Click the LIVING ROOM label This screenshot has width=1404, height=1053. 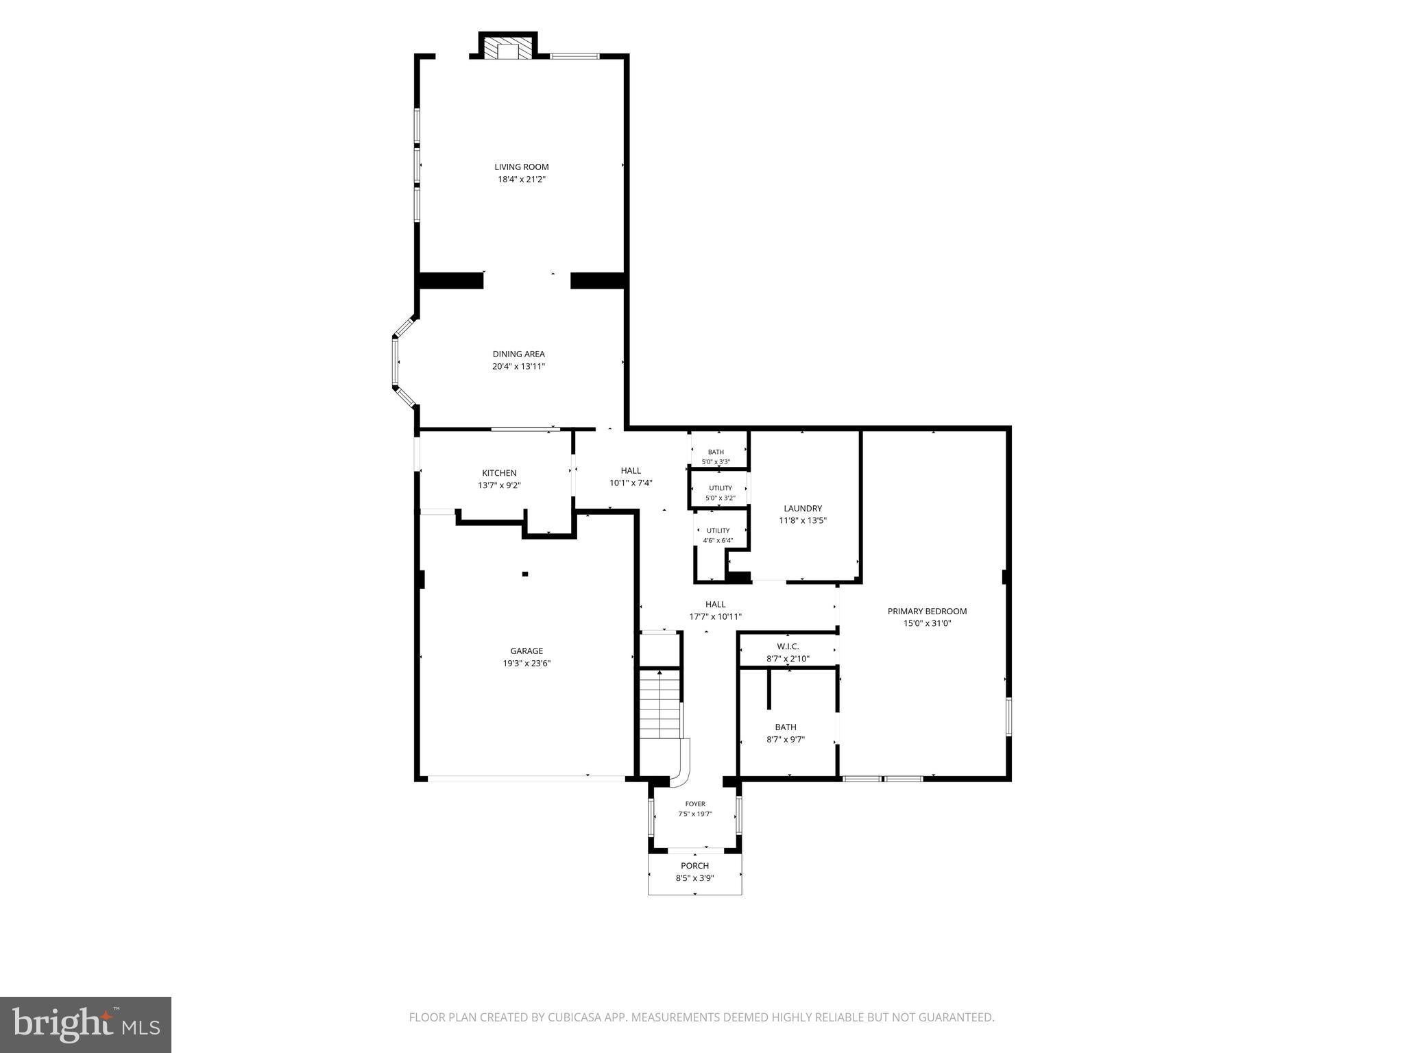click(x=522, y=167)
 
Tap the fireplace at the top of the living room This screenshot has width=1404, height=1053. click(x=508, y=47)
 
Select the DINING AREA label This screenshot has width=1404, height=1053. click(x=519, y=354)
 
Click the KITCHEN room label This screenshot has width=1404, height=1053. click(x=499, y=473)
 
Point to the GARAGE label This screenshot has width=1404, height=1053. click(x=526, y=651)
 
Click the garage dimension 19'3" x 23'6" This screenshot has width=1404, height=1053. click(x=526, y=664)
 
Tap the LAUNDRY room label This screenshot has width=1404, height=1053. click(x=803, y=509)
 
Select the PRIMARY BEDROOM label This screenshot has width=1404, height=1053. click(x=928, y=612)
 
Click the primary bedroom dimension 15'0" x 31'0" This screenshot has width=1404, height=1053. click(x=928, y=624)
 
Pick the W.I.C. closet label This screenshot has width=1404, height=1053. click(x=788, y=646)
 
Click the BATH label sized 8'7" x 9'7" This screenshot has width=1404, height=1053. click(x=786, y=727)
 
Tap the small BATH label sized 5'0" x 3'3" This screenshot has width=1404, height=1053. click(x=716, y=452)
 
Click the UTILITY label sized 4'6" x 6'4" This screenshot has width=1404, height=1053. click(x=718, y=531)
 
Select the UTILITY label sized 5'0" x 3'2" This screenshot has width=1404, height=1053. click(x=721, y=488)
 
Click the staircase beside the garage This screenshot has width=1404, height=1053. click(x=660, y=704)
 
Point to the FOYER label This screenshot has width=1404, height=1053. click(x=695, y=804)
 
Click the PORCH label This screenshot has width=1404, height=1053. click(x=694, y=866)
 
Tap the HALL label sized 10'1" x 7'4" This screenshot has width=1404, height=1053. click(x=631, y=470)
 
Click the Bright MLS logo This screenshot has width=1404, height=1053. click(x=86, y=1024)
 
